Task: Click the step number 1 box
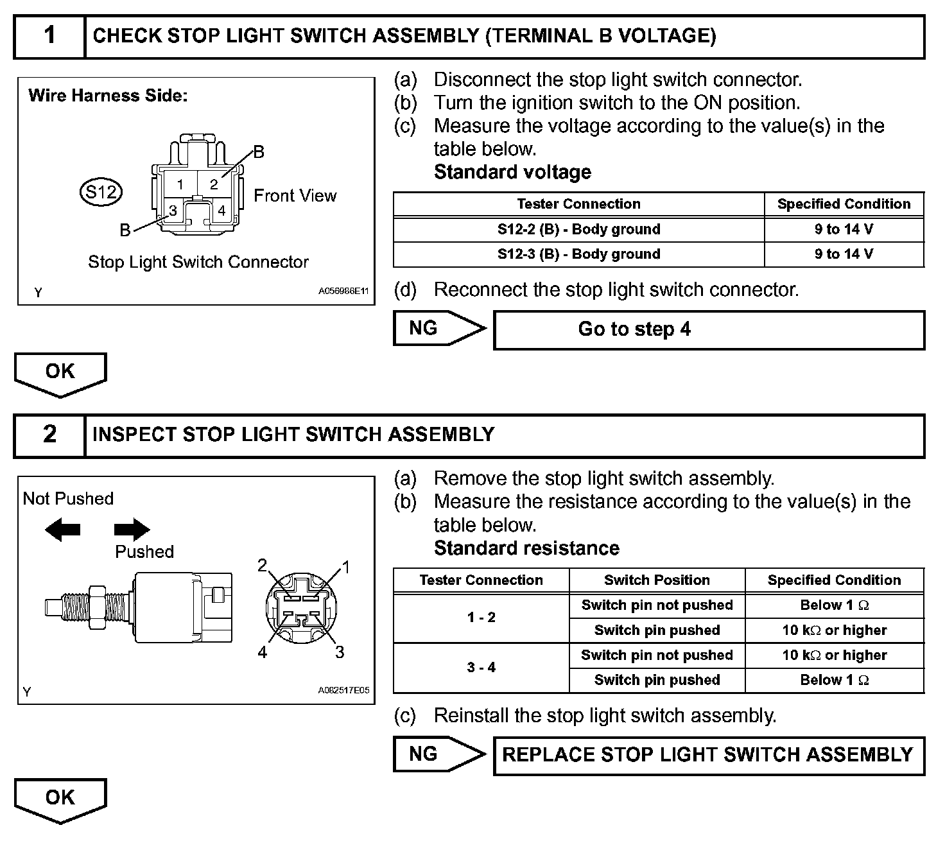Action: point(49,36)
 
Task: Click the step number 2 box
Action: point(49,435)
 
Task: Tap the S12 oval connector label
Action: point(101,191)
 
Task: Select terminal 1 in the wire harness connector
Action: point(180,184)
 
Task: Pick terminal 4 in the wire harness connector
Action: point(221,210)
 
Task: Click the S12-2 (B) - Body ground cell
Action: point(578,229)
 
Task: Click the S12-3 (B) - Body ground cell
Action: point(578,254)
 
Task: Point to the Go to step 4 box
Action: point(709,330)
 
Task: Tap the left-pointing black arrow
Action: point(62,530)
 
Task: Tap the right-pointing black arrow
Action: point(132,530)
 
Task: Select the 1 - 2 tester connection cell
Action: point(481,618)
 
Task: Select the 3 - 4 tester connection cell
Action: point(481,668)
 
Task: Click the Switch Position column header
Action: point(657,580)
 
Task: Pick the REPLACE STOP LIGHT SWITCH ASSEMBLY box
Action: point(709,755)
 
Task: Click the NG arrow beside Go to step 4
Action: point(438,329)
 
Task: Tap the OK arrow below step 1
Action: point(60,373)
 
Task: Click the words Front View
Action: point(295,196)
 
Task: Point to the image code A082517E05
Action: point(343,691)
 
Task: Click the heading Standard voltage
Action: point(512,172)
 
